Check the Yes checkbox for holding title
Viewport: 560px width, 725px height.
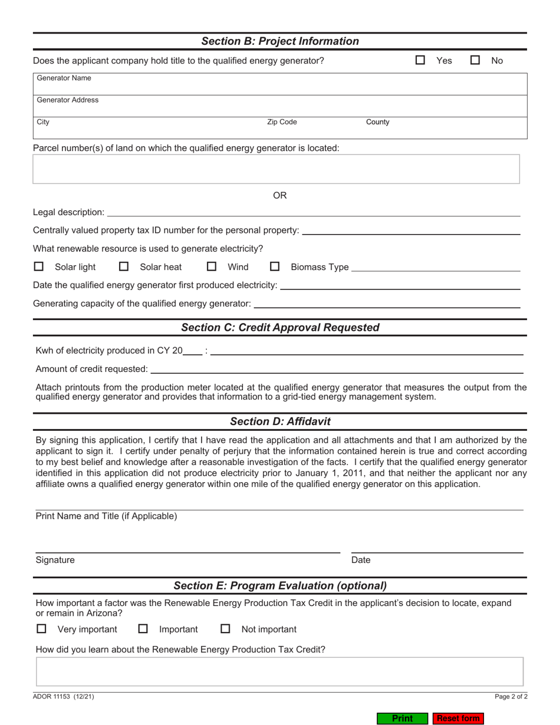[420, 60]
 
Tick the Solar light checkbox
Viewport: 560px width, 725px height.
[39, 267]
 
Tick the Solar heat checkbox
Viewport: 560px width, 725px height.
[124, 267]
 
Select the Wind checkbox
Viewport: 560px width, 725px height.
[212, 267]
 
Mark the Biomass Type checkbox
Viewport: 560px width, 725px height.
[275, 267]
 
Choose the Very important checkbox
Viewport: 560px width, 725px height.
[41, 629]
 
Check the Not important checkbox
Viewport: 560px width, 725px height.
[225, 629]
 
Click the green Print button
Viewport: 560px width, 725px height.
[402, 719]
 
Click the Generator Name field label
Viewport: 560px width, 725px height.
[64, 78]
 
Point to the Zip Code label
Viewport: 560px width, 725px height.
[282, 122]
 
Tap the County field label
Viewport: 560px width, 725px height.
[377, 122]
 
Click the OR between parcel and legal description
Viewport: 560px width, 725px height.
[280, 195]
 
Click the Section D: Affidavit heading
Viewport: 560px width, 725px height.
[280, 421]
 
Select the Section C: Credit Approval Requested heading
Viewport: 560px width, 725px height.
[280, 327]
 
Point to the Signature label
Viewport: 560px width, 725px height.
[55, 560]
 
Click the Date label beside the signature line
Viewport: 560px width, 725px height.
[361, 560]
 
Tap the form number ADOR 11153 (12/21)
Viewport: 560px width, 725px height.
[63, 696]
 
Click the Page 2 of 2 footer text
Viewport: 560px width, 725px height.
[510, 696]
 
